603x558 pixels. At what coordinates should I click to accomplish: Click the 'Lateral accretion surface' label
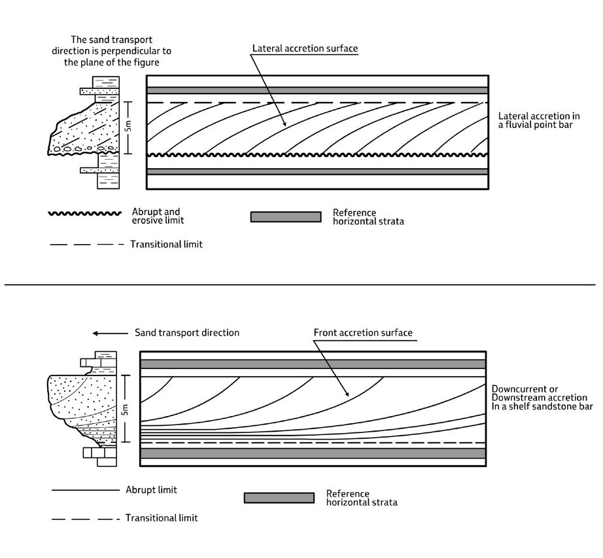pos(305,48)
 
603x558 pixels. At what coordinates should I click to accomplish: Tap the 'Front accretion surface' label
pos(363,332)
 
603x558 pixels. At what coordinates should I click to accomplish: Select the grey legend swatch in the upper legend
pos(286,217)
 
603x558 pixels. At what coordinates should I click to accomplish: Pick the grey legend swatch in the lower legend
pos(279,498)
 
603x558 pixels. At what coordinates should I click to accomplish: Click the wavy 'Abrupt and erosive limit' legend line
pos(84,213)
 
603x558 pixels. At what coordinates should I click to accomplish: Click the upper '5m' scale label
pos(129,126)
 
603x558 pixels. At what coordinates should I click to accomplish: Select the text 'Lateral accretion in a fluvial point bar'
pos(534,120)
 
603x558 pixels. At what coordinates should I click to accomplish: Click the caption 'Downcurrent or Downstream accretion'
pos(539,393)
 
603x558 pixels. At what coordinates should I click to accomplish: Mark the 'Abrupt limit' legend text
pos(151,489)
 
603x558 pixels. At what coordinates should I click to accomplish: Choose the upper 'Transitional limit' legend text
pos(166,245)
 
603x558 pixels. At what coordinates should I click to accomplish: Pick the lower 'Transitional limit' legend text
pos(162,518)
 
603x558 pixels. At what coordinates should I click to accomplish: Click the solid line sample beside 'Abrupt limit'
pos(85,490)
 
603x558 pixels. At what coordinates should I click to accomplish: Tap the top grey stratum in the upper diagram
pos(317,90)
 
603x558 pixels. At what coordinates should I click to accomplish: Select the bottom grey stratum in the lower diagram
pos(313,453)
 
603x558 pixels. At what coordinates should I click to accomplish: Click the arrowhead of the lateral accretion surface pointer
pos(284,125)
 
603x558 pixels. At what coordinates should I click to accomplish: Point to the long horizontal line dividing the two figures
pos(301,285)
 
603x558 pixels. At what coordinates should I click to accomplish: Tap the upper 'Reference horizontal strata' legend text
pos(368,217)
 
